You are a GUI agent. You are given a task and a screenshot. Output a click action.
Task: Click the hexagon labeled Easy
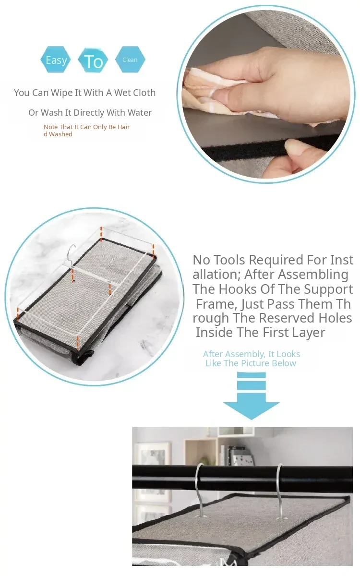[x=56, y=60]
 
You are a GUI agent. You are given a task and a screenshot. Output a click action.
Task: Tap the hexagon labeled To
[x=93, y=60]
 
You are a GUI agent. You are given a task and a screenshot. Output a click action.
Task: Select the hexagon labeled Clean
[x=130, y=60]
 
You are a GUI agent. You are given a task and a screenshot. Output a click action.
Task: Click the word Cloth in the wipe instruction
[x=142, y=93]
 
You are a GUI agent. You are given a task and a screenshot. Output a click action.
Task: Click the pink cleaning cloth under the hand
[x=206, y=93]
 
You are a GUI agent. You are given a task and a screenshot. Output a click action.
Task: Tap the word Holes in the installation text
[x=335, y=318]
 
